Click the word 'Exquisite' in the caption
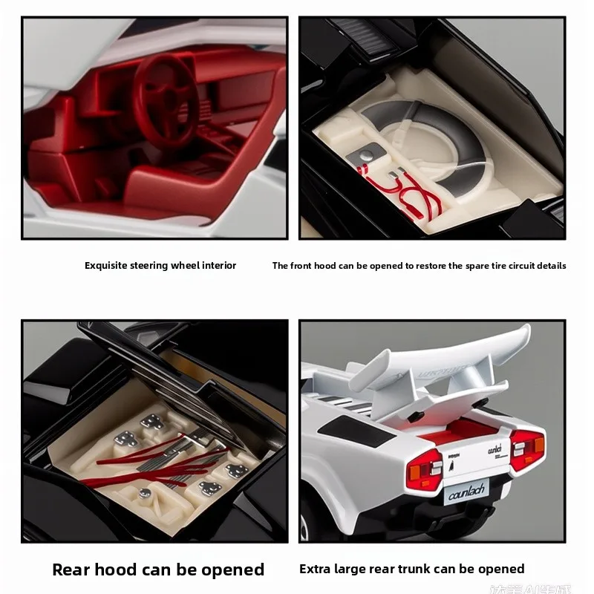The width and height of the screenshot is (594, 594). (105, 265)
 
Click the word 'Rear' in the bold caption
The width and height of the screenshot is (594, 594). (74, 569)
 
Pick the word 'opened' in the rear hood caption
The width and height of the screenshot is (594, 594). (232, 569)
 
